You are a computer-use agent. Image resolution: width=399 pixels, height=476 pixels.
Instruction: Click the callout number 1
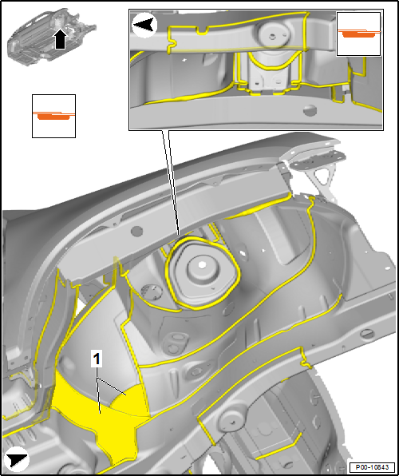pos(97,359)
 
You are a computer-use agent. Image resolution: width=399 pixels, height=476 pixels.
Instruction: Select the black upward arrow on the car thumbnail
pos(61,38)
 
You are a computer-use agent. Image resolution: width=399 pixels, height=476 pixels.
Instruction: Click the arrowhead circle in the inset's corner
pos(144,26)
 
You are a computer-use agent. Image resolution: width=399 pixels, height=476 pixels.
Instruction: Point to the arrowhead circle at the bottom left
pos(18,459)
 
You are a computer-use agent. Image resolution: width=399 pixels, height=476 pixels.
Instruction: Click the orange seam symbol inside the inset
pos(358,34)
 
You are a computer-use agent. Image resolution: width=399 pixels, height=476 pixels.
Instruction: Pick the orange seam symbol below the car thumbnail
pos(53,116)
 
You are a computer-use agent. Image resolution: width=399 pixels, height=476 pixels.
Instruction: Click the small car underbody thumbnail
pos(52,37)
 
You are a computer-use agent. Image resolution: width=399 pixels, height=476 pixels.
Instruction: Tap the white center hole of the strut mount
pos(201,265)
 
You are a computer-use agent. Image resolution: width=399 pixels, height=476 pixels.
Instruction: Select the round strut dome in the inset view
pos(272,34)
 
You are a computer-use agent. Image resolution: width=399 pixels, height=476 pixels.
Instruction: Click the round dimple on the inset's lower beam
pos(310,110)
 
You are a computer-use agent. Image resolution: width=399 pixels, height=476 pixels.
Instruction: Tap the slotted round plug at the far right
pos(366,335)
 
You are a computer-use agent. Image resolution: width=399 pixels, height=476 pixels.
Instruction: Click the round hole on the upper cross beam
pos(136,232)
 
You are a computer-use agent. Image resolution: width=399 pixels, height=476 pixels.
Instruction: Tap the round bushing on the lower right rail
pos(232,422)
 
